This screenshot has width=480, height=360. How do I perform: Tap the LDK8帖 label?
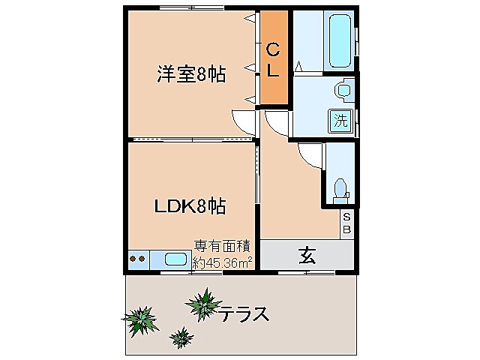click(190, 205)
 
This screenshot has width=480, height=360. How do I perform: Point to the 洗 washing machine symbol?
click(341, 119)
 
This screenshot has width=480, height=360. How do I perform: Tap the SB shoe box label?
click(346, 223)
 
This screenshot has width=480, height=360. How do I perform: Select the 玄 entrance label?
click(307, 255)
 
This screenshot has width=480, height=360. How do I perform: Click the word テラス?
click(244, 313)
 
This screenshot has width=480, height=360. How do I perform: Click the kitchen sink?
click(175, 259)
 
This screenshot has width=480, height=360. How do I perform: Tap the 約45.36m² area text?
click(223, 262)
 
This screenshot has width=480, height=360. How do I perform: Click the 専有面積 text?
click(223, 247)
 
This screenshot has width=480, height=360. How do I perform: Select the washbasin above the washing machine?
click(343, 91)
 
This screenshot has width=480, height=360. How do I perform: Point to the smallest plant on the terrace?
click(180, 337)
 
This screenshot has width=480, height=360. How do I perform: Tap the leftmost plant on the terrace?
click(139, 321)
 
